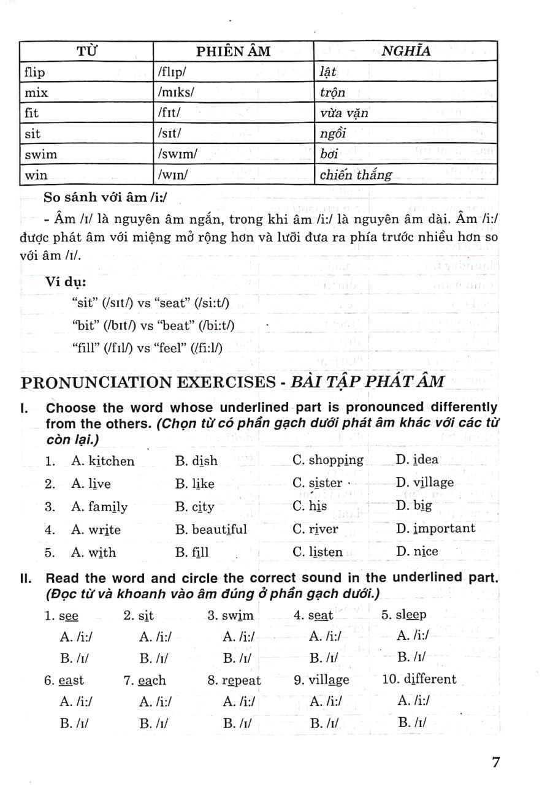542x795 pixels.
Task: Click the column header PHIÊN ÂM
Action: [233, 51]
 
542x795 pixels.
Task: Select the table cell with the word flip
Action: [34, 72]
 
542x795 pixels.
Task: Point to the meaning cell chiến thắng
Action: [356, 175]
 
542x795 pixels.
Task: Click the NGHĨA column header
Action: [406, 51]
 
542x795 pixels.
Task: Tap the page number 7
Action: [496, 762]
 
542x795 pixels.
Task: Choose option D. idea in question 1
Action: [417, 460]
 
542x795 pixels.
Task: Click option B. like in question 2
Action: [195, 484]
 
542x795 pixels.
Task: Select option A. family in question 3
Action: [99, 507]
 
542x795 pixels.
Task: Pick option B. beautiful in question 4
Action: [211, 529]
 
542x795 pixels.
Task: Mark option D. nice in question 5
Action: [417, 552]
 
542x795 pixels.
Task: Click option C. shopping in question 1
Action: [328, 460]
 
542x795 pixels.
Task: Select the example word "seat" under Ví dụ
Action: [174, 303]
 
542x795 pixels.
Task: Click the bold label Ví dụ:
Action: [66, 282]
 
